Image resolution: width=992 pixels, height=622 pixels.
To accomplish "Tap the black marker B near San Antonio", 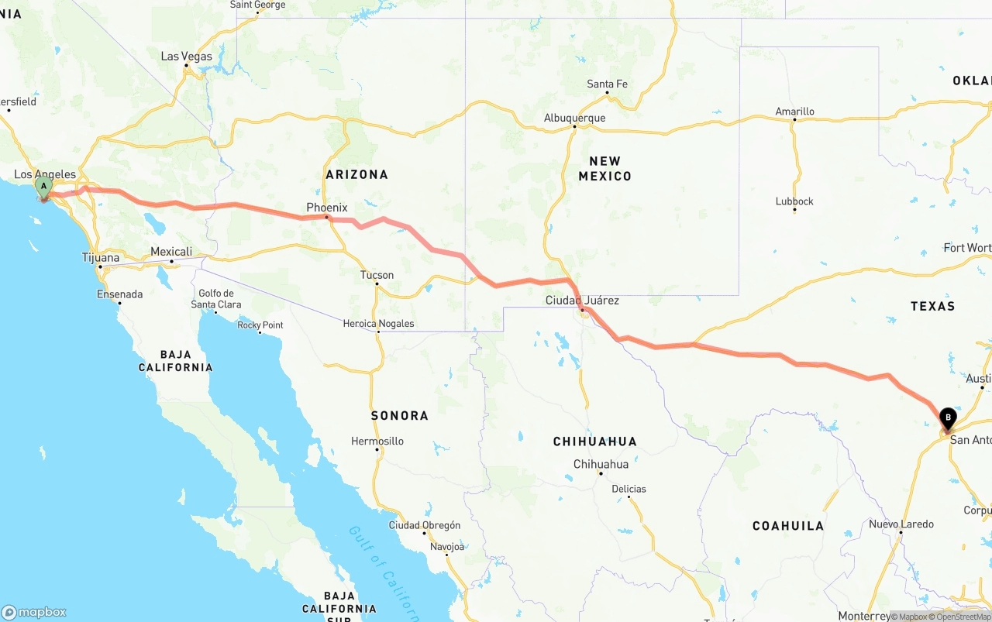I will click(947, 418).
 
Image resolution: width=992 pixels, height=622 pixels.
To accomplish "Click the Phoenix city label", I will click(326, 208).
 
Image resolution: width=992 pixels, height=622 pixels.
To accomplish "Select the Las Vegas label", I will click(186, 57).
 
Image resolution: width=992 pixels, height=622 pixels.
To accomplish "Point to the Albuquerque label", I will click(574, 119).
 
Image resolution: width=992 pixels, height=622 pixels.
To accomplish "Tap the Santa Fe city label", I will click(607, 84).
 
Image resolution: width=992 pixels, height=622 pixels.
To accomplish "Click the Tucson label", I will click(377, 275).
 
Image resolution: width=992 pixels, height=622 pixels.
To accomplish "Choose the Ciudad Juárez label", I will click(582, 300).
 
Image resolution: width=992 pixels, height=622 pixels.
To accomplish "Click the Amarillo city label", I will click(794, 112).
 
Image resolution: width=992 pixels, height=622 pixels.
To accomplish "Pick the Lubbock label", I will click(794, 201).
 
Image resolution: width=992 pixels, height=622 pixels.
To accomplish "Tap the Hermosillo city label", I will click(377, 441).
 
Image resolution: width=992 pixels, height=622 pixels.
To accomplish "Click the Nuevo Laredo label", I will click(901, 524).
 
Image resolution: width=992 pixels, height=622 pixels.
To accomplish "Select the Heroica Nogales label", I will click(378, 324).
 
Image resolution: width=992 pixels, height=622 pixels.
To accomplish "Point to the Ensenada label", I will click(119, 294).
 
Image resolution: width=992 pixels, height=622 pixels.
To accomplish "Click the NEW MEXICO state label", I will click(604, 168).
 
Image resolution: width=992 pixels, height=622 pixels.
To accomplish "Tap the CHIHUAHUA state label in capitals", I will click(594, 442).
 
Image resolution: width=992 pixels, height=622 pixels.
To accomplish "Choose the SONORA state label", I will click(399, 416).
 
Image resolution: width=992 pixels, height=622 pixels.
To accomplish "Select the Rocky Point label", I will click(260, 325).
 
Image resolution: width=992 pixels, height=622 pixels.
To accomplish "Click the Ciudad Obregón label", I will click(424, 525).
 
